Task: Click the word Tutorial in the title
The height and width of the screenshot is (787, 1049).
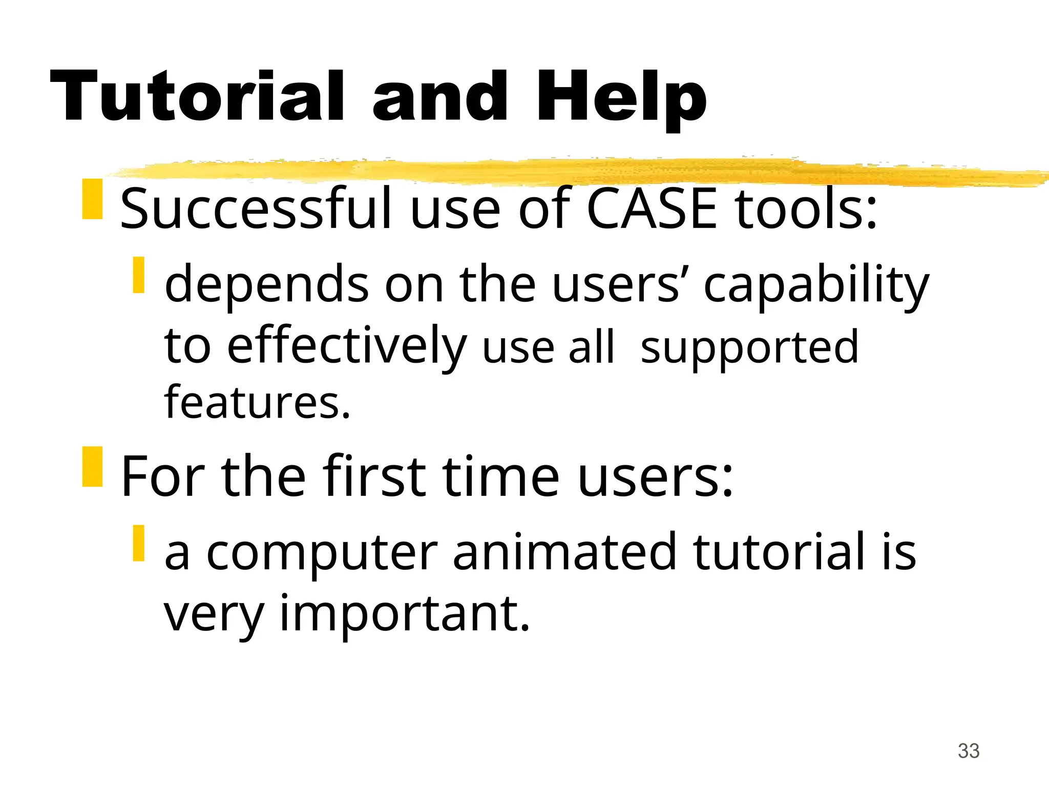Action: click(197, 96)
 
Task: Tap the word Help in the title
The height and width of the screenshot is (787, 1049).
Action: click(621, 97)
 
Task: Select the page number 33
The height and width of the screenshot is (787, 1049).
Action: click(969, 751)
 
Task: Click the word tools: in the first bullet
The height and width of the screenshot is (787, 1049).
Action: click(807, 209)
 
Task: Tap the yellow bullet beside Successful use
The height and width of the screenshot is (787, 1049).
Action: click(93, 199)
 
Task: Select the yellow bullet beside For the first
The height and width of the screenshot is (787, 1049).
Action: click(93, 467)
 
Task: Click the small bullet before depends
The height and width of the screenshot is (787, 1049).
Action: click(138, 275)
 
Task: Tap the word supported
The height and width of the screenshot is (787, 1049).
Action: click(749, 347)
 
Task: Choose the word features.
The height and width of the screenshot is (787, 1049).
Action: click(257, 402)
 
